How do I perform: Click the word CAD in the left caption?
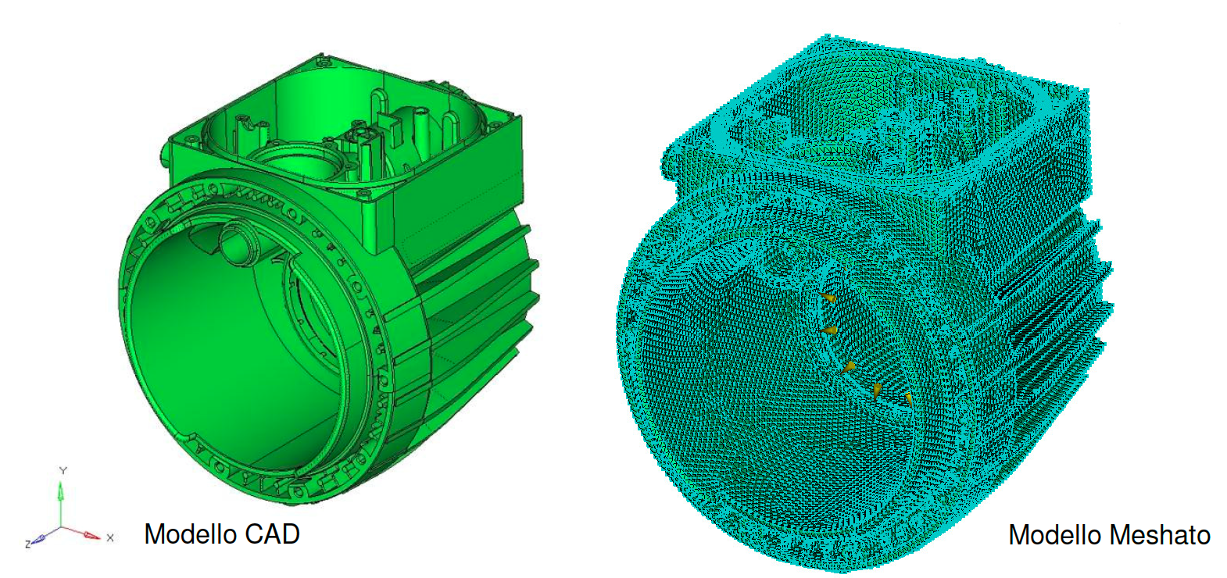272,534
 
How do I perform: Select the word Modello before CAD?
190,534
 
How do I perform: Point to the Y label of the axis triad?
63,470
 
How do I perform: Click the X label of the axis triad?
110,537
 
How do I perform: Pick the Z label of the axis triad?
28,543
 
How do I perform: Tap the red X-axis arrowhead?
91,536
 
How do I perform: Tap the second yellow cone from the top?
829,332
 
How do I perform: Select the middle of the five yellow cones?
850,366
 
